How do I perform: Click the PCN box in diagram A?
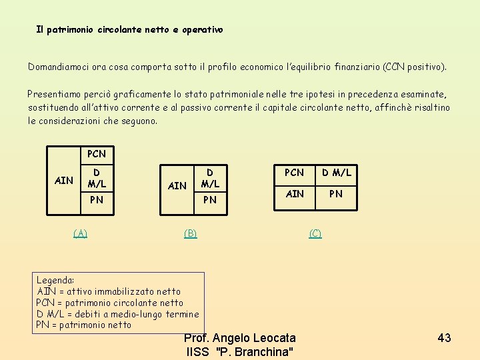97,154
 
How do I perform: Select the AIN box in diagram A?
64,180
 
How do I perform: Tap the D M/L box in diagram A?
97,177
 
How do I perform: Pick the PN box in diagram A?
97,199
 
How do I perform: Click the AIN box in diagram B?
177,185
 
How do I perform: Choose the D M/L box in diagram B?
209,177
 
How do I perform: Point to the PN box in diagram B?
209,199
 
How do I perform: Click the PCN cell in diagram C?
295,173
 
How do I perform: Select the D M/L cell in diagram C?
336,173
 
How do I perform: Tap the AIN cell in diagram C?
295,193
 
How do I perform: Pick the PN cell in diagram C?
336,193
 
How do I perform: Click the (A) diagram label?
80,233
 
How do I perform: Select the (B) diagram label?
191,233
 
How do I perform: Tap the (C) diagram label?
315,233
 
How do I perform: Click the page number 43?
444,338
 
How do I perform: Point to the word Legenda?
55,281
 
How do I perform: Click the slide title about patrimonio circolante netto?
129,30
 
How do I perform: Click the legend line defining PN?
83,325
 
